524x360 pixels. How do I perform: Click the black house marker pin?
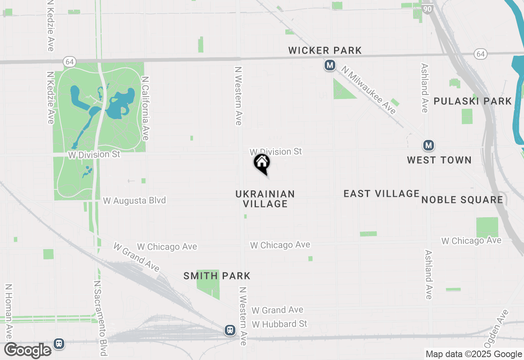262,163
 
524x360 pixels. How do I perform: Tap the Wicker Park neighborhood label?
325,50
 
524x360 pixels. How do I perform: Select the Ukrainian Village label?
265,199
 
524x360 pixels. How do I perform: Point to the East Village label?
382,193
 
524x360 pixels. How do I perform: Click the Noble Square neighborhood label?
462,200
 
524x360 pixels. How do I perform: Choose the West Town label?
439,160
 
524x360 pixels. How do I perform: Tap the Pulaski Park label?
473,101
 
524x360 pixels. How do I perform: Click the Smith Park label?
217,276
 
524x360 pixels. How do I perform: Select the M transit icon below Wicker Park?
330,65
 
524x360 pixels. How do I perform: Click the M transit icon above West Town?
428,145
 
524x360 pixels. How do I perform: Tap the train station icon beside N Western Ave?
230,330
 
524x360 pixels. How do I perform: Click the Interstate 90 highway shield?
427,8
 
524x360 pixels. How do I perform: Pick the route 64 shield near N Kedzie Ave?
69,62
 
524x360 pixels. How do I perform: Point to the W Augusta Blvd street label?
134,200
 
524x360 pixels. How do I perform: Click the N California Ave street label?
145,108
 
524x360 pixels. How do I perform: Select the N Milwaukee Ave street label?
369,90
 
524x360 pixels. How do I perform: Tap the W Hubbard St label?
280,324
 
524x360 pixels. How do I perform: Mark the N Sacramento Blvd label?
101,318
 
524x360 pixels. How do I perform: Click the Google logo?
28,350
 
